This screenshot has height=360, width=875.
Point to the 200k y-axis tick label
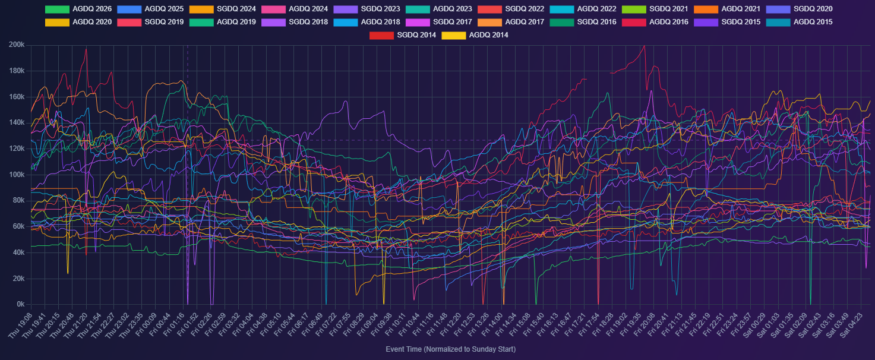coord(17,45)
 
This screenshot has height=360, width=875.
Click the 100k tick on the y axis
coord(17,175)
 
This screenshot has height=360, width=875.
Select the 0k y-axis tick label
coord(20,305)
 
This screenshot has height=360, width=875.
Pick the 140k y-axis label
coord(17,123)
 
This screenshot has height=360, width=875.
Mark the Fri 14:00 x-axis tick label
coord(494,326)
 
